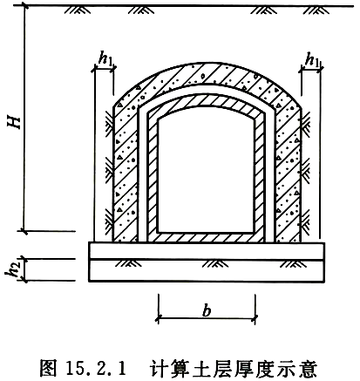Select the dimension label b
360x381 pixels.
[207, 311]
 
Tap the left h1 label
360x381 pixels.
[105, 59]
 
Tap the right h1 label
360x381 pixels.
[312, 59]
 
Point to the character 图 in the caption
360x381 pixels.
[48, 369]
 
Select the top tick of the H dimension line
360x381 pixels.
[24, 5]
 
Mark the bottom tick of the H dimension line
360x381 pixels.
[24, 231]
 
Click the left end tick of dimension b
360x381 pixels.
[159, 318]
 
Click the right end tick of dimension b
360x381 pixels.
[255, 318]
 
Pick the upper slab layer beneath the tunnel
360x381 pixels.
[207, 250]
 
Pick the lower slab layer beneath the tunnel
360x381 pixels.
[207, 270]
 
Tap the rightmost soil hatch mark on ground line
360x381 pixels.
[316, 10]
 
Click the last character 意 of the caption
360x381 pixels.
[308, 369]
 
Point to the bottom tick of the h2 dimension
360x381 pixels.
[25, 281]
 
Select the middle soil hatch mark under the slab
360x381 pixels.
[215, 263]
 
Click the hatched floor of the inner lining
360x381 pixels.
[207, 237]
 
